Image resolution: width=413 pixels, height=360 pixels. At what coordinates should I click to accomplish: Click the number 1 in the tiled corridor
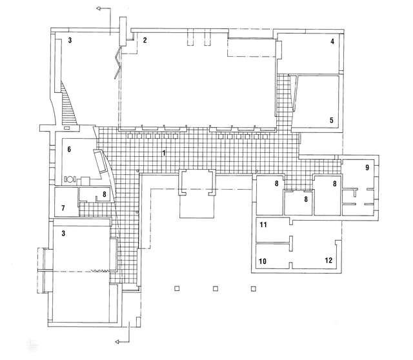click(165, 153)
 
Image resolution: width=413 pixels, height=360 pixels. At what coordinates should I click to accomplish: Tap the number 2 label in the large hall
click(145, 41)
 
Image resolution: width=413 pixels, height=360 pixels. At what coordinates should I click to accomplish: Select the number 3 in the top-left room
click(70, 41)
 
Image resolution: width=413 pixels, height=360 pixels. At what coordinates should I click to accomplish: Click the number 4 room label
click(332, 41)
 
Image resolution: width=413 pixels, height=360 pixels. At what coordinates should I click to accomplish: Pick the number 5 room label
click(332, 121)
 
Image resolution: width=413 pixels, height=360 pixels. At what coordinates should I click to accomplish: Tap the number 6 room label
click(68, 150)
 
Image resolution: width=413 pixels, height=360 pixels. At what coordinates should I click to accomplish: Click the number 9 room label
click(367, 168)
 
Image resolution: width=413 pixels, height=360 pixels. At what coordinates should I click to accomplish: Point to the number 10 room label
click(263, 261)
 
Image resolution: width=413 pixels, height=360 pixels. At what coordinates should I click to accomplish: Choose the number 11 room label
click(263, 225)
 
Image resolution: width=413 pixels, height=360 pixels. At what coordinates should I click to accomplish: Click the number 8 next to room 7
click(104, 194)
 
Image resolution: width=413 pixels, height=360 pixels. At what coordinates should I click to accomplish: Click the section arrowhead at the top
click(97, 8)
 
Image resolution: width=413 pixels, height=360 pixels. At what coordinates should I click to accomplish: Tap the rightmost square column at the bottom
click(254, 289)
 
